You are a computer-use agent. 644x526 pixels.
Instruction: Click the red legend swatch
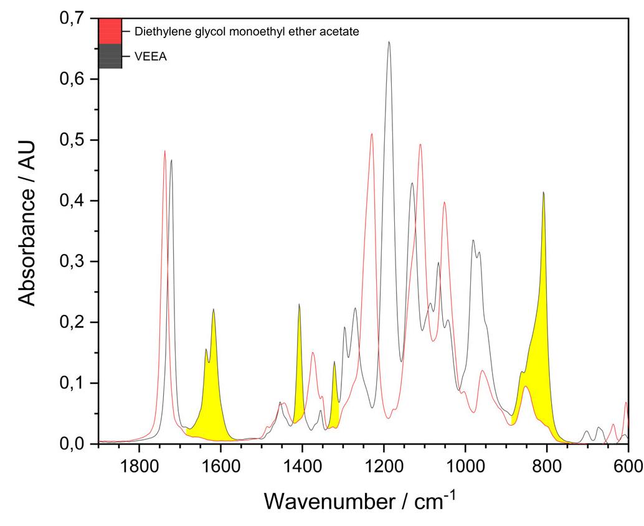110,31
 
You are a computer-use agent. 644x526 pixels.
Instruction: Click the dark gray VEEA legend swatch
110,56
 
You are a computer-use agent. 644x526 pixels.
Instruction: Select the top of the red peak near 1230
372,134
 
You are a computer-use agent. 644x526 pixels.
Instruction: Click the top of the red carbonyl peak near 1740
164,151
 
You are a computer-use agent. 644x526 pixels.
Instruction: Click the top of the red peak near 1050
444,202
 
